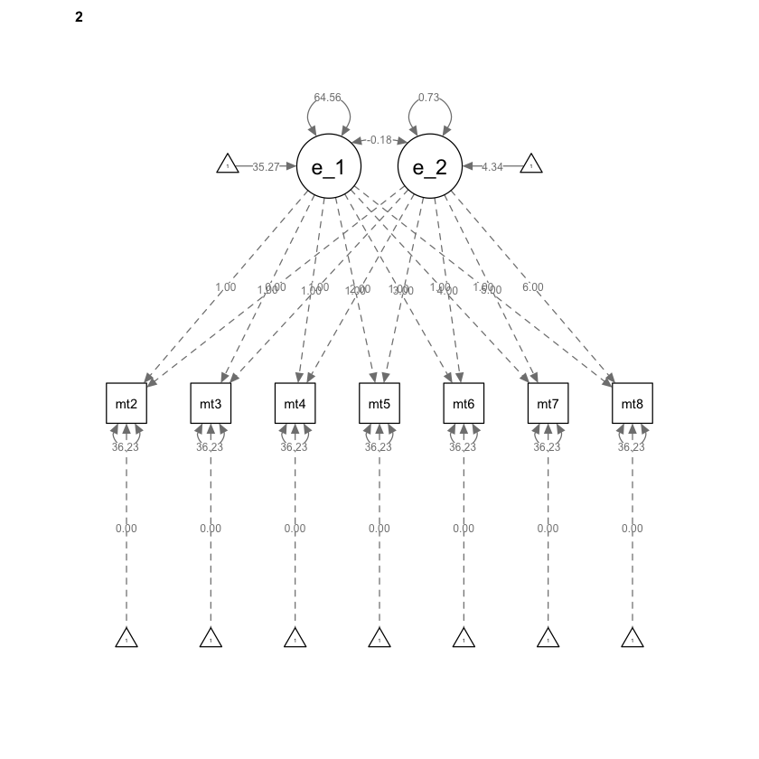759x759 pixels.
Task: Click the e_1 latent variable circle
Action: click(x=329, y=166)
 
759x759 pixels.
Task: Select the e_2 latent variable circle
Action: click(x=430, y=166)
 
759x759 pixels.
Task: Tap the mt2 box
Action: click(x=126, y=404)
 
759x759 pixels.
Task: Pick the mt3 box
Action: click(x=211, y=404)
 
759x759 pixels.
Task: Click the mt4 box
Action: click(x=295, y=404)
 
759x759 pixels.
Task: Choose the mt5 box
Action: click(x=379, y=404)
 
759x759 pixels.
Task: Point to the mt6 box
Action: click(x=464, y=404)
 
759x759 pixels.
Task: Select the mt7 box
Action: click(x=548, y=404)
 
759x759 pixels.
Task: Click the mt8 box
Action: click(x=632, y=404)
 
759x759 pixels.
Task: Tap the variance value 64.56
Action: click(x=328, y=98)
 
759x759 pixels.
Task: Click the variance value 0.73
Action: click(x=429, y=98)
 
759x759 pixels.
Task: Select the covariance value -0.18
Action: click(x=379, y=140)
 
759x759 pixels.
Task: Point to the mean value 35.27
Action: click(x=266, y=166)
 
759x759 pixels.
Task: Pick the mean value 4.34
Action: click(x=492, y=166)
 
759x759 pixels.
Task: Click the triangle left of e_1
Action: click(x=228, y=165)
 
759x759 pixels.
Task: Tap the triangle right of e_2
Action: click(x=531, y=165)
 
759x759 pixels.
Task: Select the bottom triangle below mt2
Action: click(x=126, y=639)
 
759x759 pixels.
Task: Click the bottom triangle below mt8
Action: click(x=632, y=639)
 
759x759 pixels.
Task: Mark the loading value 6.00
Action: click(x=533, y=287)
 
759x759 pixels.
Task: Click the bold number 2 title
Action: click(x=80, y=16)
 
